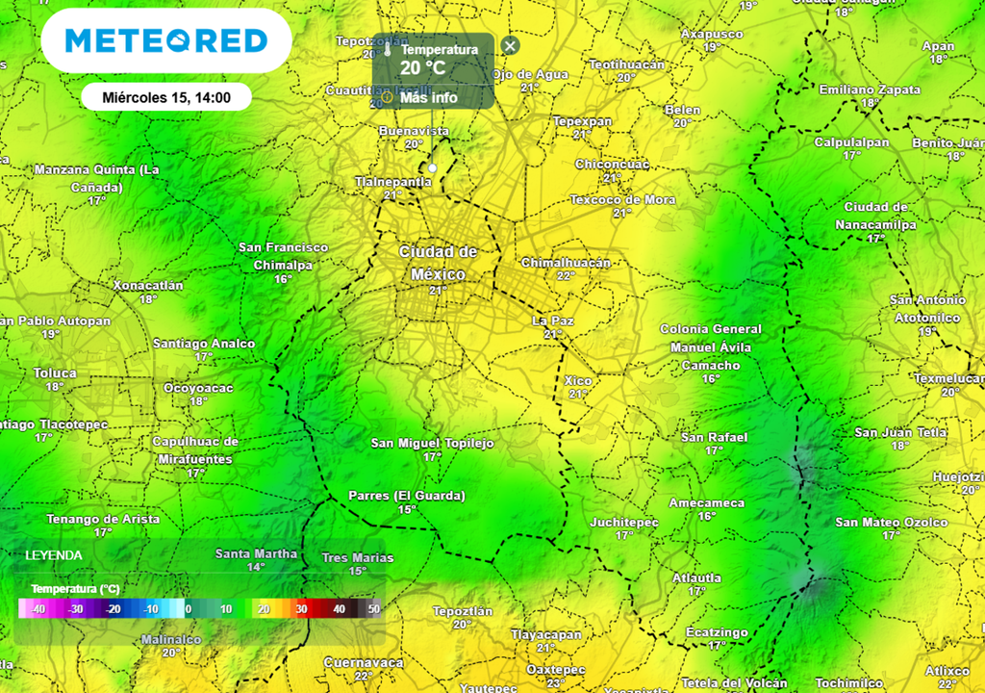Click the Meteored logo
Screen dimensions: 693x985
pos(165,41)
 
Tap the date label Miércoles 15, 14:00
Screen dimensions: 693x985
pos(165,96)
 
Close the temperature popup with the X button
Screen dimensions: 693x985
pos(511,45)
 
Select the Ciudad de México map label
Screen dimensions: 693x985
pos(438,261)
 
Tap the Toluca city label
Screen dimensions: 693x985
pos(55,372)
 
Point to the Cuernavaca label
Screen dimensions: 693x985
pos(363,662)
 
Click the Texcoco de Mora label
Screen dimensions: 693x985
pos(622,199)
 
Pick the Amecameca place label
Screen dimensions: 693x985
pos(707,502)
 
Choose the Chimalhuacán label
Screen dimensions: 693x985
pos(566,263)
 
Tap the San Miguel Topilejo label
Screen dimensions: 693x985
pos(432,444)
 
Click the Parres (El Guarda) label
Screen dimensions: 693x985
pos(407,496)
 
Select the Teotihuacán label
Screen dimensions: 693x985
pos(626,64)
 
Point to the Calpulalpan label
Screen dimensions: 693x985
pos(851,141)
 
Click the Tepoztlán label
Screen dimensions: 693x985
pos(463,611)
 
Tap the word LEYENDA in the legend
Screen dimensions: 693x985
pos(54,555)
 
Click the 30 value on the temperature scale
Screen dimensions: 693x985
pos(301,609)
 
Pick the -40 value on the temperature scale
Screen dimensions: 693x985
pos(38,609)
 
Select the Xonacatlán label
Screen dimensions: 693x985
pos(148,286)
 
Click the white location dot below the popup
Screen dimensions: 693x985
pos(433,168)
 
